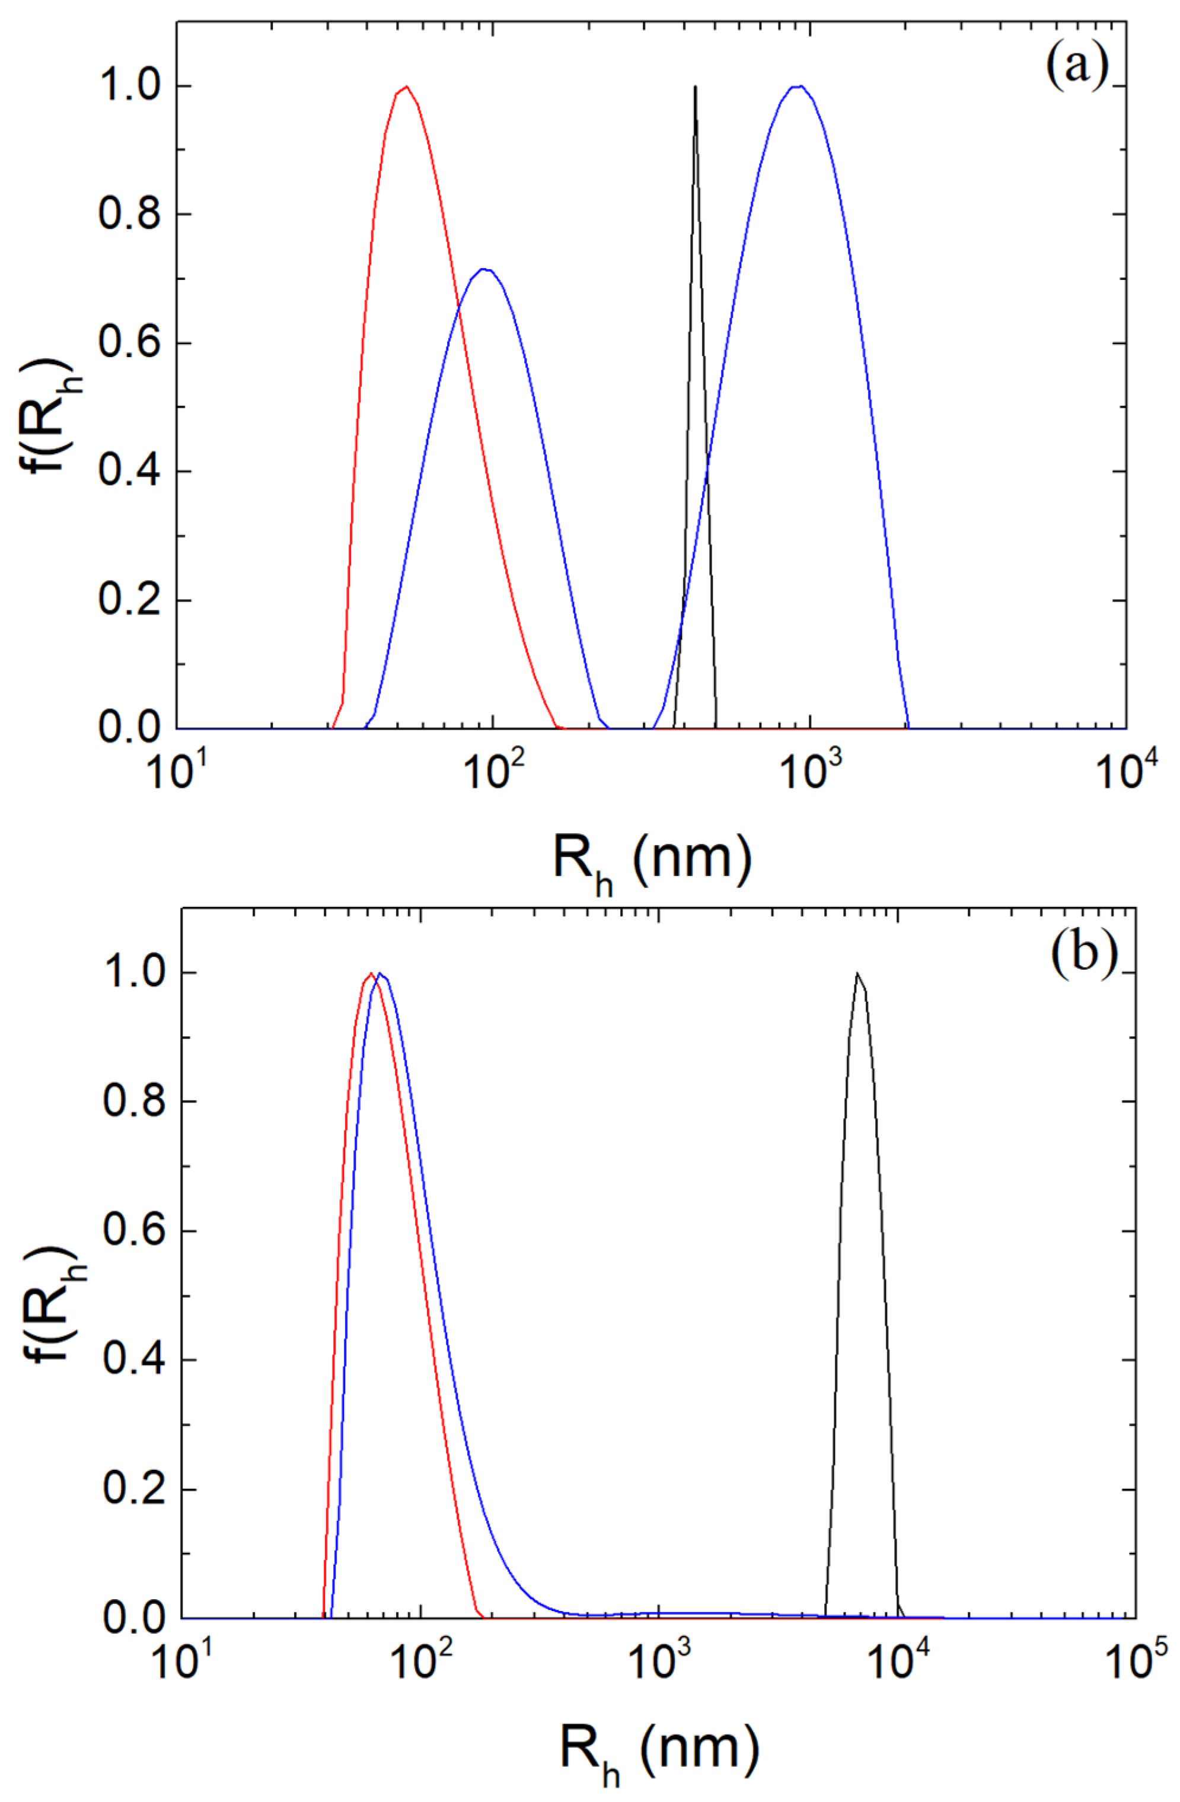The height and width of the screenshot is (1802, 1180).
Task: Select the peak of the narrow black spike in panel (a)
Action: click(x=695, y=87)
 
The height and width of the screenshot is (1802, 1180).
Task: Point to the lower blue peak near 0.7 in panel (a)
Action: click(x=484, y=269)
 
